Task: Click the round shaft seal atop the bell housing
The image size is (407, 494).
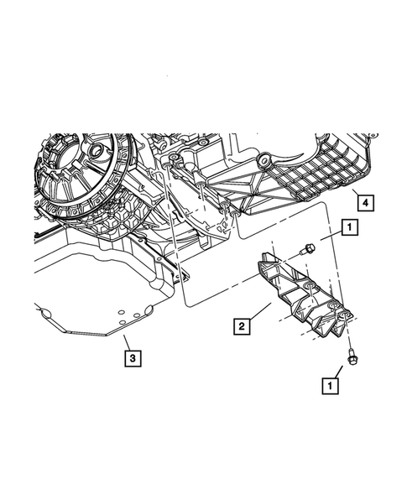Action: pyautogui.click(x=97, y=153)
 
